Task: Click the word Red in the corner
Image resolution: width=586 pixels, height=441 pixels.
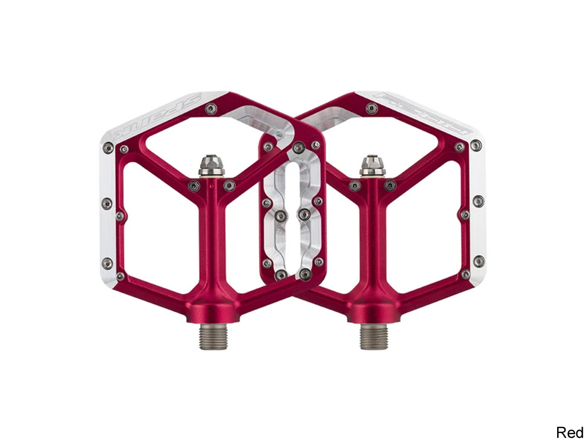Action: [x=569, y=432]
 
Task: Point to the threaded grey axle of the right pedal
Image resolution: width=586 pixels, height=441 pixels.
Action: [x=374, y=336]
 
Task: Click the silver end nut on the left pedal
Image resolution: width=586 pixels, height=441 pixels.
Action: [x=211, y=166]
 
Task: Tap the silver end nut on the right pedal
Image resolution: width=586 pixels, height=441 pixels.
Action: [x=372, y=165]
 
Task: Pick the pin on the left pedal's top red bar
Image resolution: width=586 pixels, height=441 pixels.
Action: [x=210, y=109]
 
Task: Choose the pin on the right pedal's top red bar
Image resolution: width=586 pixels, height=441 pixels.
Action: [x=371, y=108]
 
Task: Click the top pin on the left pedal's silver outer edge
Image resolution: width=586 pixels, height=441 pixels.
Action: [x=108, y=148]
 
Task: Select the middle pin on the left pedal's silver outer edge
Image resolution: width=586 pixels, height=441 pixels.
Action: [x=107, y=203]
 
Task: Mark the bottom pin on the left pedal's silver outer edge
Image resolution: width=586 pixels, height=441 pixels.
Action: [x=107, y=263]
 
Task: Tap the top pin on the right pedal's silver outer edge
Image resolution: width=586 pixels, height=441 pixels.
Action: [x=476, y=145]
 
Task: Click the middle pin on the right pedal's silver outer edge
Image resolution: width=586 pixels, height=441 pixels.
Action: [x=478, y=201]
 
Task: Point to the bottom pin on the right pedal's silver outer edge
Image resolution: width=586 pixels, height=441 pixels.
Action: [x=478, y=261]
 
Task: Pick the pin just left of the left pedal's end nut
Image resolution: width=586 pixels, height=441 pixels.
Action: [x=194, y=186]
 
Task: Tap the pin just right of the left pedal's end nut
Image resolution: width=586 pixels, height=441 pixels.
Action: [x=229, y=185]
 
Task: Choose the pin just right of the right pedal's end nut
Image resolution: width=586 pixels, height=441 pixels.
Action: [x=390, y=185]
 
